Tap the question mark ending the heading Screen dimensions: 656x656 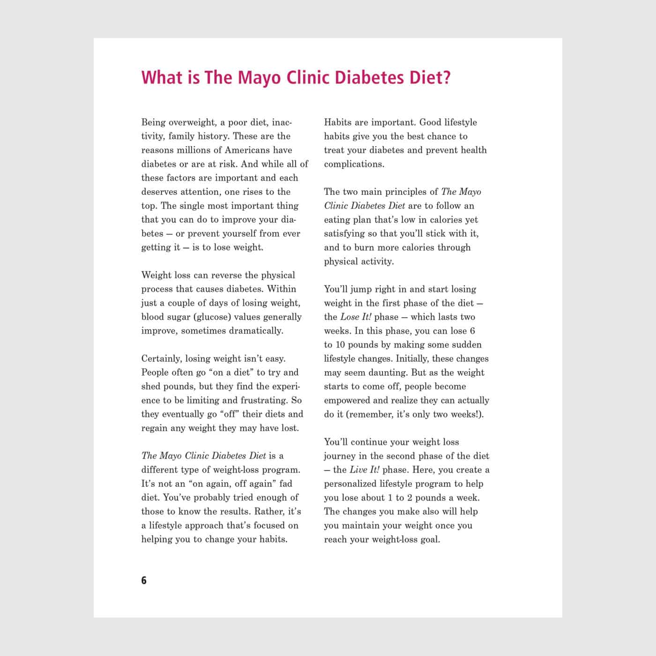point(446,77)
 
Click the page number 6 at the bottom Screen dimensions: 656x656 point(144,581)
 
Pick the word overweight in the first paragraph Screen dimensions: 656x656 point(193,122)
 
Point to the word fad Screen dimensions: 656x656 point(286,484)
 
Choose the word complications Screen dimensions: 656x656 point(354,164)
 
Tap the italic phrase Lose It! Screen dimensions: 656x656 point(356,317)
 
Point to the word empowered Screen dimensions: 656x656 point(347,400)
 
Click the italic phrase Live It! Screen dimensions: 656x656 point(365,470)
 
